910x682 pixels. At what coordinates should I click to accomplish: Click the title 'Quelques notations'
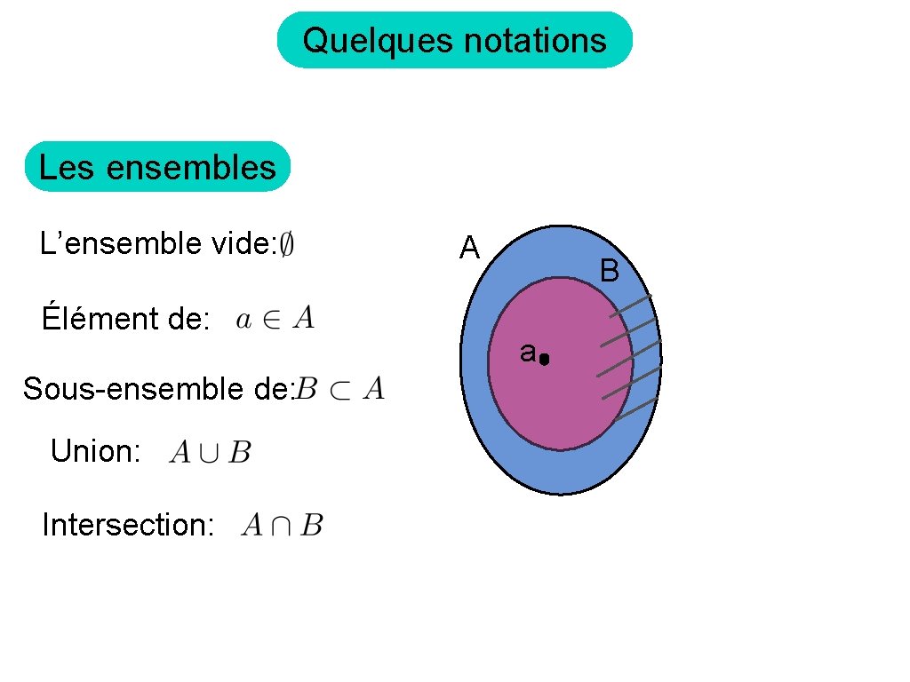coord(454,41)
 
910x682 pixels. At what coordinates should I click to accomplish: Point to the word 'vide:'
coord(242,242)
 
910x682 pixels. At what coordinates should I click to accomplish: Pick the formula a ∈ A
coord(275,318)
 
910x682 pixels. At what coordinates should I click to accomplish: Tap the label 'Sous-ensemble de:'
coord(158,389)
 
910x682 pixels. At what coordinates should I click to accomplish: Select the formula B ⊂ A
coord(340,389)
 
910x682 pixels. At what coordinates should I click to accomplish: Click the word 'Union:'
coord(95,452)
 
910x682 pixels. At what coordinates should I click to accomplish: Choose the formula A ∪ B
coord(211,453)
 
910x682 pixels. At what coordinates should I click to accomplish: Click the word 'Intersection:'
coord(128,526)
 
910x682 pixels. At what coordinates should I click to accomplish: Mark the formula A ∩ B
coord(282,526)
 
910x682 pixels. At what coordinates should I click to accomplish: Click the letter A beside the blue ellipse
coord(469,249)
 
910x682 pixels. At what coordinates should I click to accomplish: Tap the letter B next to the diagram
coord(609,270)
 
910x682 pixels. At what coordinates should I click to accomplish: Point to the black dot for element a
coord(545,360)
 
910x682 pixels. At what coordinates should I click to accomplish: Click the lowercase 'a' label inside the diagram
coord(528,353)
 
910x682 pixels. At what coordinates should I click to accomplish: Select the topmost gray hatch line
coord(630,306)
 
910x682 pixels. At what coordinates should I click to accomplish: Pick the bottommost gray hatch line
coord(635,409)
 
